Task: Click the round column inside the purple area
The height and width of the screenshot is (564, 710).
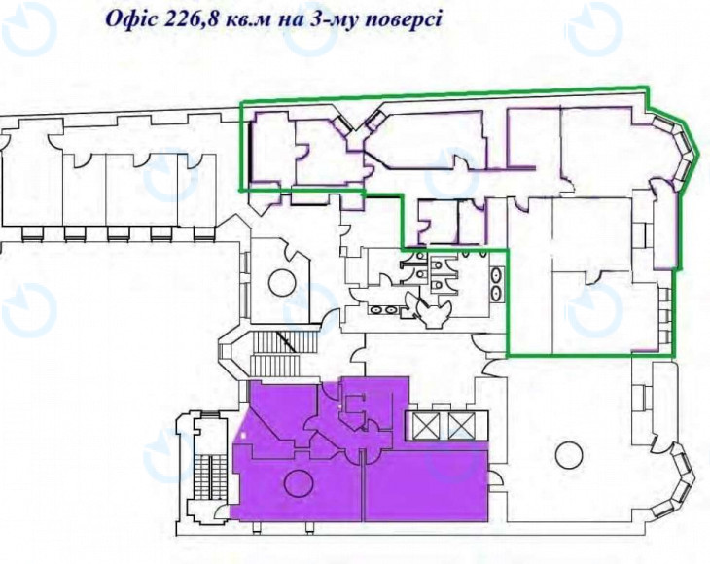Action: pos(296,480)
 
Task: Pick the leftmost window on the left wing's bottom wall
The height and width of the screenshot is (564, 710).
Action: pos(31,233)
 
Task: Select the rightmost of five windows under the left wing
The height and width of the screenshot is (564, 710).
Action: pos(203,233)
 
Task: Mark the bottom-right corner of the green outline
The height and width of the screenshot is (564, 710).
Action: pos(677,354)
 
